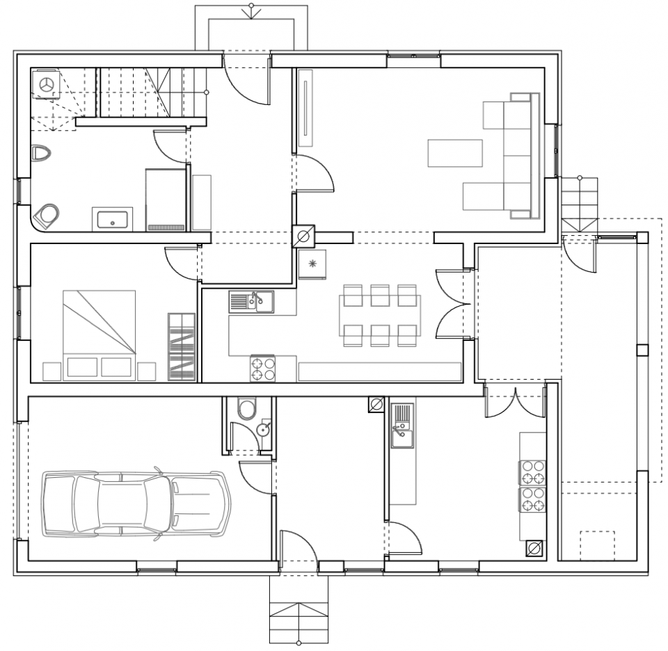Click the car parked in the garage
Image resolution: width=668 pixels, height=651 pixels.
[136, 504]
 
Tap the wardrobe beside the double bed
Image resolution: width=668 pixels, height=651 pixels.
[182, 347]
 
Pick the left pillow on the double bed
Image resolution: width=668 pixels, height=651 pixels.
[80, 367]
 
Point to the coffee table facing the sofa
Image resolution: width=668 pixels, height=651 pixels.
[455, 153]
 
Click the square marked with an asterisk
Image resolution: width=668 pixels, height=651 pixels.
[312, 264]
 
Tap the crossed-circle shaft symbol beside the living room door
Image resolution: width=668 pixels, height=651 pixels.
[303, 236]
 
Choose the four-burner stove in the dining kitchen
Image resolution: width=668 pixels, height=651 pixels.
[262, 368]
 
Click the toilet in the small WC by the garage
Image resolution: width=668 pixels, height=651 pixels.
[246, 409]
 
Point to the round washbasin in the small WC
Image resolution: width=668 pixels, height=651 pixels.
[263, 430]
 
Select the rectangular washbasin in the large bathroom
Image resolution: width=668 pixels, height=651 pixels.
[112, 220]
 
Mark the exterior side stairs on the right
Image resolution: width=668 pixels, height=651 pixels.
[580, 204]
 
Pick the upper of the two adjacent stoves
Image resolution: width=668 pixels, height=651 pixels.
[532, 472]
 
